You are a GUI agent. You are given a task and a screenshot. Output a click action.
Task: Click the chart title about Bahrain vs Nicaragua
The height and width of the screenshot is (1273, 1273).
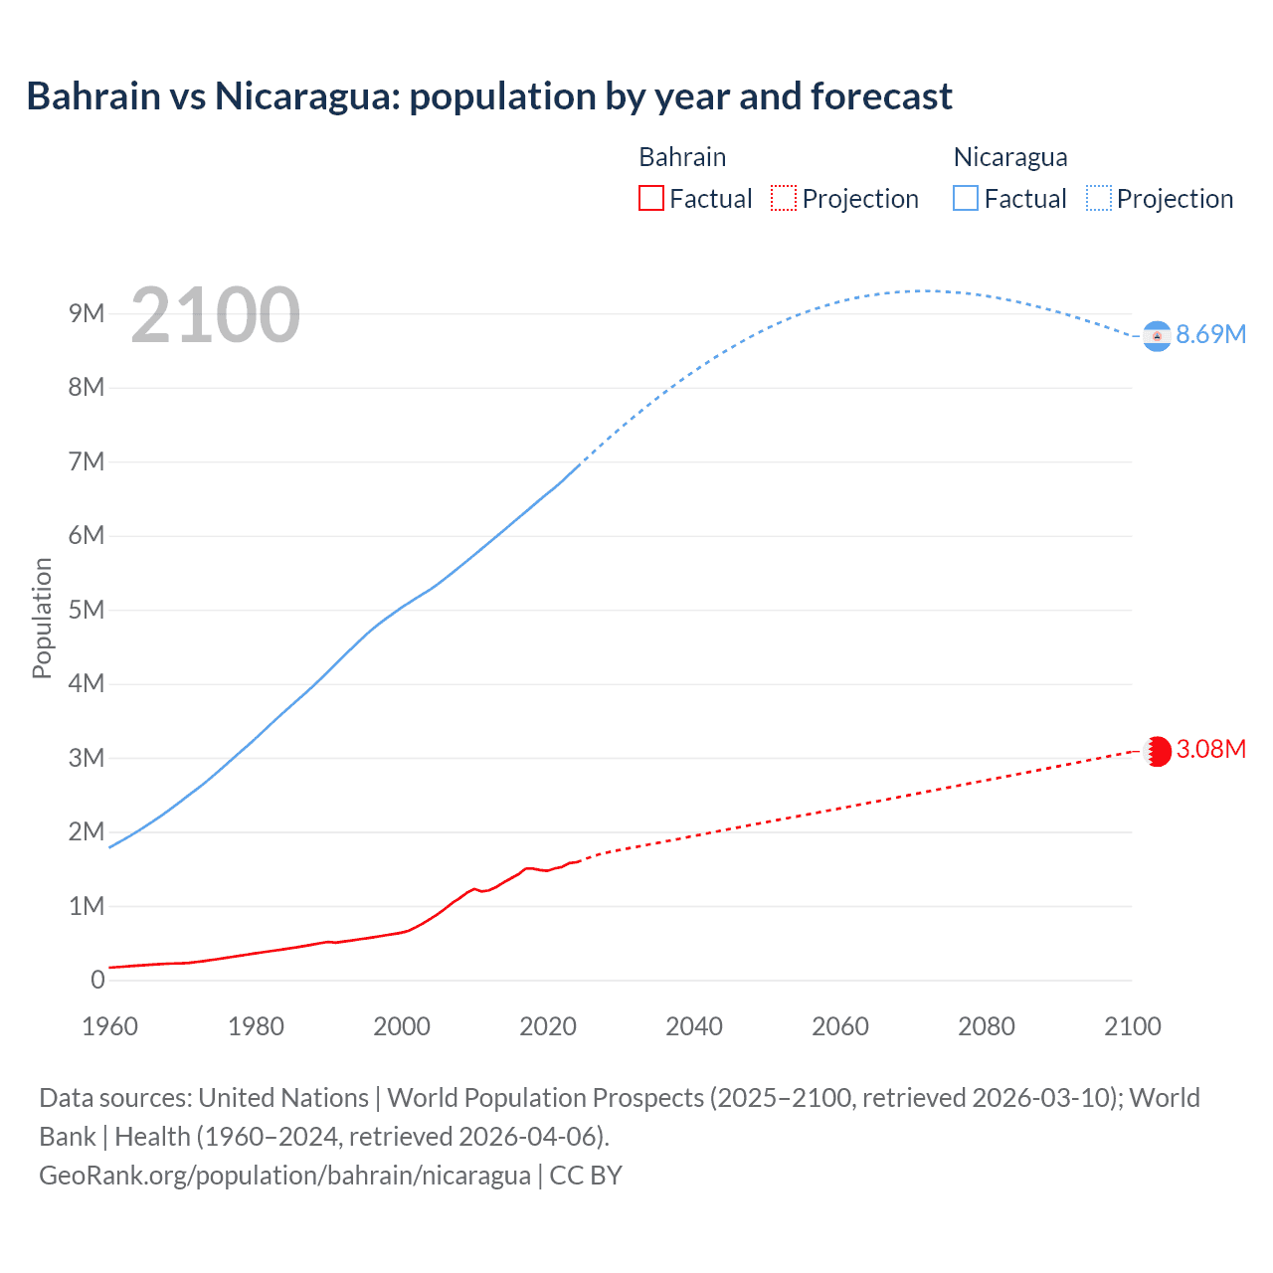point(489,96)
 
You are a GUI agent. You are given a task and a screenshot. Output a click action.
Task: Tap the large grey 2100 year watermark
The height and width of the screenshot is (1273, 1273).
point(215,315)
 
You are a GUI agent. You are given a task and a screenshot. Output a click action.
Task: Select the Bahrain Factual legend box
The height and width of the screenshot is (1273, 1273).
point(650,199)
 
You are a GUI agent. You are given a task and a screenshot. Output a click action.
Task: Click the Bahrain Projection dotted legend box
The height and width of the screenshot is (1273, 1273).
point(784,199)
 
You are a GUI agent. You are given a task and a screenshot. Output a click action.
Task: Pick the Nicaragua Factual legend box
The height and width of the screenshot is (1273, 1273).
point(966,199)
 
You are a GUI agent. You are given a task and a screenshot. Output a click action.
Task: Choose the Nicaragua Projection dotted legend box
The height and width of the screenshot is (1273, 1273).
point(1098,199)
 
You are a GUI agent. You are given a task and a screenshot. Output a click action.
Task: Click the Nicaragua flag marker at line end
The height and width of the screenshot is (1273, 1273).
point(1157,336)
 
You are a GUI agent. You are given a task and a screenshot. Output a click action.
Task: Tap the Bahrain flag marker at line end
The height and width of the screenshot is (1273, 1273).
point(1157,751)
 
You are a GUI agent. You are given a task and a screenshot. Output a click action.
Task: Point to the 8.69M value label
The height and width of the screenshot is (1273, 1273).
point(1210,335)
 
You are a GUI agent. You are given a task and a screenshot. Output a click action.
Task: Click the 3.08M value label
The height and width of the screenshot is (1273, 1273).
point(1210,750)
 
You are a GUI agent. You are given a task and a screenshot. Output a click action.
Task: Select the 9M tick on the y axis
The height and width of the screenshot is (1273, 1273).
point(87,314)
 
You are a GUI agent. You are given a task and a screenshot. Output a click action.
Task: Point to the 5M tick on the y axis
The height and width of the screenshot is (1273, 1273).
point(87,610)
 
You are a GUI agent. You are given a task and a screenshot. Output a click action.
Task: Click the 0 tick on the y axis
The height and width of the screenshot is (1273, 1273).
point(97,981)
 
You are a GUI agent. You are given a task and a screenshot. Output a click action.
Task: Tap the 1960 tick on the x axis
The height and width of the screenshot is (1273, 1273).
point(109,1026)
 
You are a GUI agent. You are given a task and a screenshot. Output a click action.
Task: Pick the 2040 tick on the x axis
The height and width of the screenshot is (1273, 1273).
point(694,1026)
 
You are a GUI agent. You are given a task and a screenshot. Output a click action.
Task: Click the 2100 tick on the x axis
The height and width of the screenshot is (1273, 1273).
point(1132,1026)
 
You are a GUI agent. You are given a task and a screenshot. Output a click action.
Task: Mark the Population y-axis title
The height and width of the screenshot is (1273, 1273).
point(42,618)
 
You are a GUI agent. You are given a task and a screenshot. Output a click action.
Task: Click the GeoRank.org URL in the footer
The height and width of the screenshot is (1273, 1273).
point(284,1176)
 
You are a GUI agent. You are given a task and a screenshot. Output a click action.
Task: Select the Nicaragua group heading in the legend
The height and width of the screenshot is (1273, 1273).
point(1010,157)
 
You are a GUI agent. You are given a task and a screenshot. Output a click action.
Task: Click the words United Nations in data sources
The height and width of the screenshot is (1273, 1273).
point(283,1098)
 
